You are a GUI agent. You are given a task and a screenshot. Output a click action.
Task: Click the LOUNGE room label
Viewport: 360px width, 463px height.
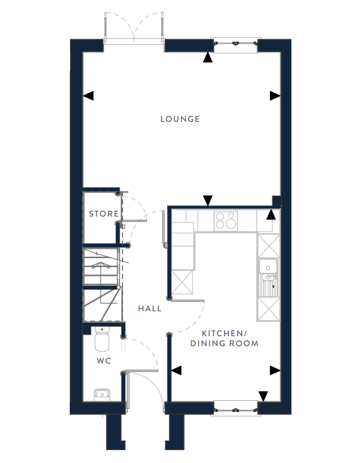click(x=180, y=119)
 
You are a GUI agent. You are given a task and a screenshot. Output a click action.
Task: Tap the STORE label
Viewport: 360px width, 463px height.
click(x=104, y=214)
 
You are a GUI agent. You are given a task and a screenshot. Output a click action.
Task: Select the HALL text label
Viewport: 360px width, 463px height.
click(x=150, y=308)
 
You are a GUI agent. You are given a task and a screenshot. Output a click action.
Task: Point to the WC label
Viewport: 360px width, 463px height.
click(x=104, y=361)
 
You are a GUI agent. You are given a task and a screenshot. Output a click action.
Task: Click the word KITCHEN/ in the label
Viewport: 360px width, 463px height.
click(x=224, y=333)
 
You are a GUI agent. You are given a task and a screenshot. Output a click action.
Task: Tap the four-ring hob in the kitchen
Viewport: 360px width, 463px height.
click(x=226, y=220)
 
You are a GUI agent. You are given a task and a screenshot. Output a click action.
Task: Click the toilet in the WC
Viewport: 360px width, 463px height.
click(x=102, y=339)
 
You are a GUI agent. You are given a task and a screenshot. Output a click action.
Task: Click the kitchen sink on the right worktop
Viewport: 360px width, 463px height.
click(x=268, y=278)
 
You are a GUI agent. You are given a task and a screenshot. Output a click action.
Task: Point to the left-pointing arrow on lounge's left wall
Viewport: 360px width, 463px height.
click(x=88, y=96)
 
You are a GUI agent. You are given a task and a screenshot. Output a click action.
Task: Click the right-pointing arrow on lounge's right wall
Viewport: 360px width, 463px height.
click(x=275, y=96)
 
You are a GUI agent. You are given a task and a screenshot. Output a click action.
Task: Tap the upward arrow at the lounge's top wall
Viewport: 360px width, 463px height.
click(x=207, y=57)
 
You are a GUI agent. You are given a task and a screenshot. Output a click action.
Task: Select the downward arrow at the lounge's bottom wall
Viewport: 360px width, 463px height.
click(x=208, y=200)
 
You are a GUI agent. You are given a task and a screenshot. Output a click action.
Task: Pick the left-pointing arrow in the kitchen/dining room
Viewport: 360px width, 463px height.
click(x=176, y=370)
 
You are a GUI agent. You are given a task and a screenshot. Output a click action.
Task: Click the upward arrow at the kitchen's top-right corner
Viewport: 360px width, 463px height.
click(x=271, y=214)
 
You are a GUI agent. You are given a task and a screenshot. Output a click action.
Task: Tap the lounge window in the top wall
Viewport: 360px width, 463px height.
click(x=235, y=44)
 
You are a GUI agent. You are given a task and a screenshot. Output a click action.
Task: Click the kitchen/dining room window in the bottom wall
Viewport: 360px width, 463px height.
click(x=235, y=409)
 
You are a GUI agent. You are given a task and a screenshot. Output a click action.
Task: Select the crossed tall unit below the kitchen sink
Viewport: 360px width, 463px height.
click(x=268, y=309)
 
